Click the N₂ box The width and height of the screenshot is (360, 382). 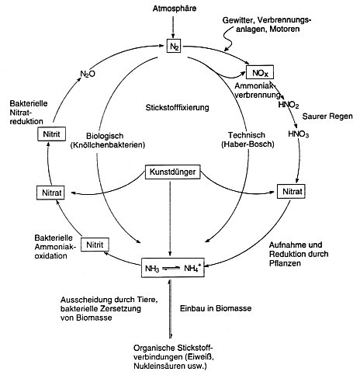point(174,47)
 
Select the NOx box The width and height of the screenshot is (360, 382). point(260,72)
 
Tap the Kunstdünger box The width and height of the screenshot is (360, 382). point(172,172)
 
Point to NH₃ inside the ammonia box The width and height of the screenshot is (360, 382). point(152,269)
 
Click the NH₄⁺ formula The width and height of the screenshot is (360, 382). point(192,268)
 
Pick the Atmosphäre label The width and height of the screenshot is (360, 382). point(175,9)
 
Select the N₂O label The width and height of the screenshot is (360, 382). point(88,74)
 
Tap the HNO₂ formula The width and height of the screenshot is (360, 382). point(289,105)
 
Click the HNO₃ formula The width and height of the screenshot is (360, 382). point(299,134)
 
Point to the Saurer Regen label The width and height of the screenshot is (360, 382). point(327,116)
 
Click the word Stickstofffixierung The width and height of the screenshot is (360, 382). point(177,107)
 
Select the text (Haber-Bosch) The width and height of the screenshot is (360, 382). point(247,144)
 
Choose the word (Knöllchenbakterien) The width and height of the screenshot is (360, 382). point(108,145)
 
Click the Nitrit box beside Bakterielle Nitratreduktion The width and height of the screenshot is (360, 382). point(51,134)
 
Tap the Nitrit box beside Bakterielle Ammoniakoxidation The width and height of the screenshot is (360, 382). point(95,245)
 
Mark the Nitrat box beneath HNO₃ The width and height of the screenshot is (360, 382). point(291,192)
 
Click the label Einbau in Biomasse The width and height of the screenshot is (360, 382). point(216,308)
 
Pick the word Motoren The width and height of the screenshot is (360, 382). point(285,29)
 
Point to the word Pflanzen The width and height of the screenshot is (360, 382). point(285,263)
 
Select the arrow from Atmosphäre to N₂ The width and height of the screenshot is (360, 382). point(173,26)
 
